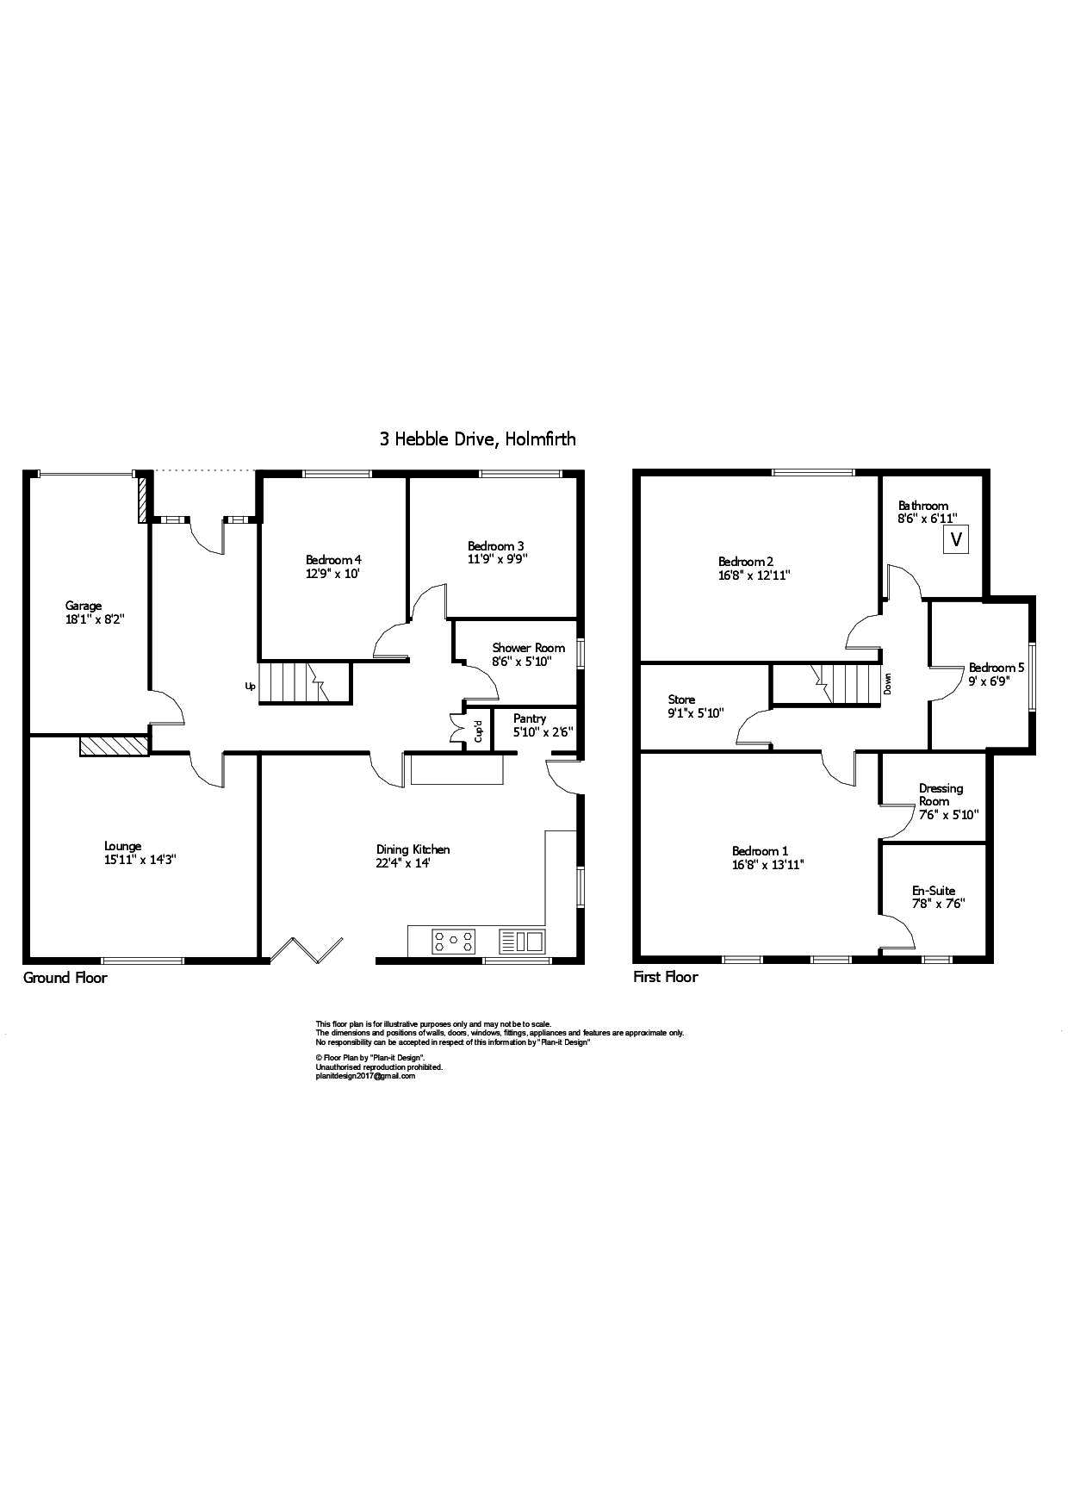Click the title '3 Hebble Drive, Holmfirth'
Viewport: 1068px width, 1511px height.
[x=478, y=439]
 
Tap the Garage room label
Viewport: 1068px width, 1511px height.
[x=84, y=606]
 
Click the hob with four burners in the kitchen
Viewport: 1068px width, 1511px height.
[x=453, y=941]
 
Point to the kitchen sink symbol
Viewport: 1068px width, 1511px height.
[x=522, y=941]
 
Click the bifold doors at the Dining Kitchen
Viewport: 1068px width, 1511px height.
[x=307, y=948]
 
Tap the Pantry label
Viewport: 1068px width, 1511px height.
[x=530, y=718]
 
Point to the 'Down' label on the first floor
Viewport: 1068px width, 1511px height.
[x=888, y=684]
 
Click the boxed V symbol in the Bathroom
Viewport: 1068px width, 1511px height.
[x=955, y=541]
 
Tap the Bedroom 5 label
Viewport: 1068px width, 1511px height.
[x=997, y=668]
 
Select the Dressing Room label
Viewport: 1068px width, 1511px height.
[x=941, y=794]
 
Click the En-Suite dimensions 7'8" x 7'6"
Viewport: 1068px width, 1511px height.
[x=938, y=904]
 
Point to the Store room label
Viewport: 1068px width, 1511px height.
[x=681, y=700]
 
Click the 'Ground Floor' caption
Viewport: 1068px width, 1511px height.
[x=65, y=978]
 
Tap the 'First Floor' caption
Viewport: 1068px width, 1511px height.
[x=666, y=977]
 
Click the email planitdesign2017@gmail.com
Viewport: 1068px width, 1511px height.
[x=365, y=1076]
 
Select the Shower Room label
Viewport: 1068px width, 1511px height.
[x=529, y=648]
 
